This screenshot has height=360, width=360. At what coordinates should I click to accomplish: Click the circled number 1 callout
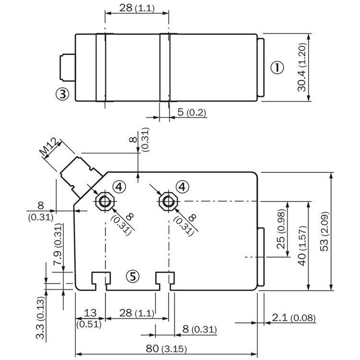click(277, 67)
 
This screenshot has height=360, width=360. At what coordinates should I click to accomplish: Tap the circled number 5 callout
click(133, 276)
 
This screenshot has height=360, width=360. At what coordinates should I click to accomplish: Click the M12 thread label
click(48, 147)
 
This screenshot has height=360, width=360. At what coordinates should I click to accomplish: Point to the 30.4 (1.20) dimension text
click(301, 68)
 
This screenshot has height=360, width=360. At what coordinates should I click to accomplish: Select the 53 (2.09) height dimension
click(325, 231)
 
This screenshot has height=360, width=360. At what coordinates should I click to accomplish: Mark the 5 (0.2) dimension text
click(192, 113)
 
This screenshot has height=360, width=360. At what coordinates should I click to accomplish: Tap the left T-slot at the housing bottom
click(101, 279)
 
